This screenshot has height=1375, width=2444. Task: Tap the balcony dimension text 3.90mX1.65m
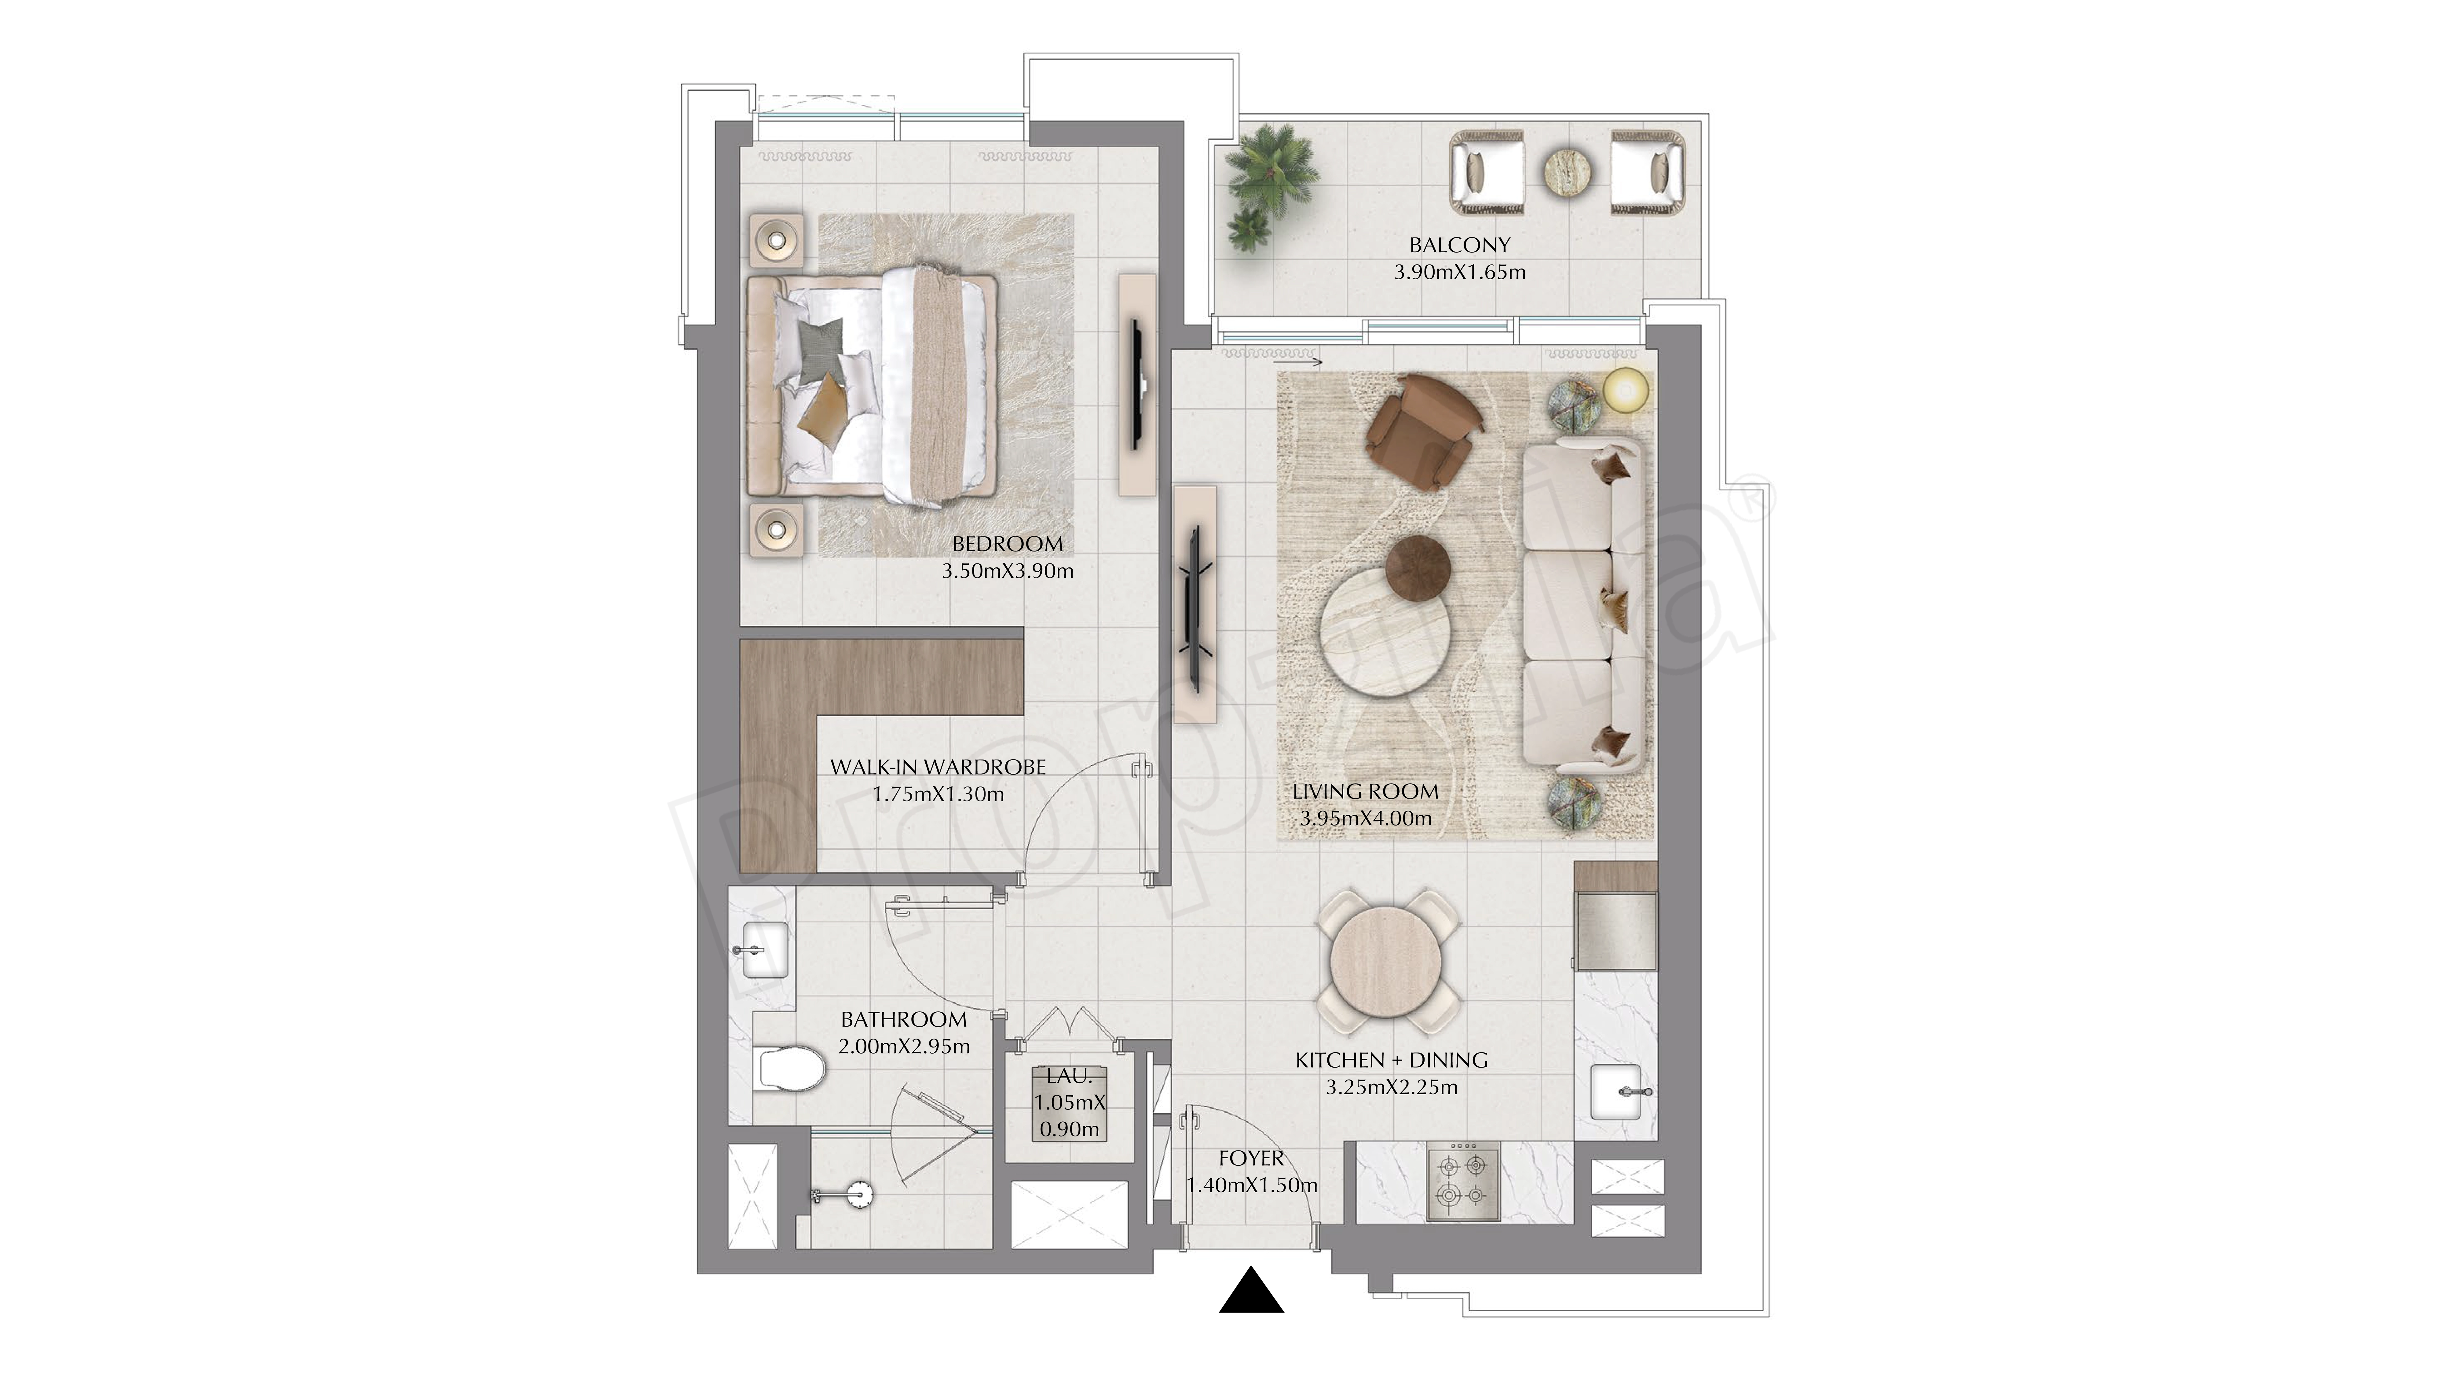pyautogui.click(x=1459, y=272)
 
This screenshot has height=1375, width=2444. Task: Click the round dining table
pyautogui.click(x=1386, y=962)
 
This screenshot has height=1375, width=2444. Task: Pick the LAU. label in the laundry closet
pyautogui.click(x=1069, y=1076)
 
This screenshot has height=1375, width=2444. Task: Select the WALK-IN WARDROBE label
pyautogui.click(x=937, y=767)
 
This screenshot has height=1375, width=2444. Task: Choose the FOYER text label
pyautogui.click(x=1250, y=1159)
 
